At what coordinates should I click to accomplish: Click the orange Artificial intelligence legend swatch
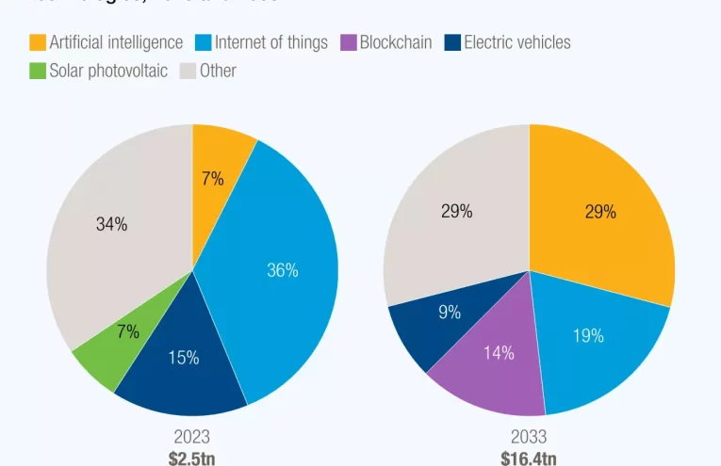38,42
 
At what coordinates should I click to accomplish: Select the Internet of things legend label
271,42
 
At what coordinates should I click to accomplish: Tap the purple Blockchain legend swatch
347,42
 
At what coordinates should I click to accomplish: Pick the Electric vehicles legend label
516,42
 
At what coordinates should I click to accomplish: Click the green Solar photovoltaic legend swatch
38,71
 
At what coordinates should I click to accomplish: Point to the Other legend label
218,71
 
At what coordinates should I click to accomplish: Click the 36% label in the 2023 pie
282,270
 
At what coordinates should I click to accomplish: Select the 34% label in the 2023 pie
112,224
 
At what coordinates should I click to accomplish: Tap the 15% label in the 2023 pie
183,358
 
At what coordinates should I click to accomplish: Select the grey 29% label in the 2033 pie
457,212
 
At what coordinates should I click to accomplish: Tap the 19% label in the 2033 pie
588,335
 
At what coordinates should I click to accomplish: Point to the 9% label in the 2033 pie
450,313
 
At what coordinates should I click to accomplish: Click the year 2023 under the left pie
191,436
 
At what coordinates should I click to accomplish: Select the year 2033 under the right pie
528,436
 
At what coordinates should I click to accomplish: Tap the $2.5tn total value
191,458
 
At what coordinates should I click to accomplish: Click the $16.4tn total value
528,458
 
